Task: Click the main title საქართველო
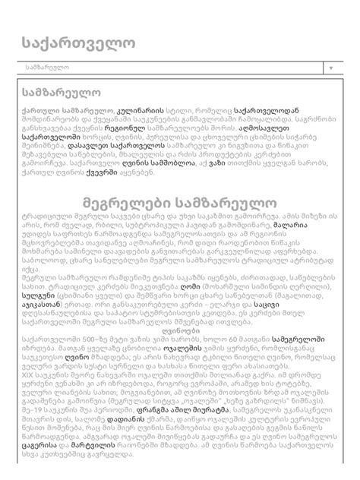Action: point(72,34)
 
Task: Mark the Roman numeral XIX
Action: point(29,415)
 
